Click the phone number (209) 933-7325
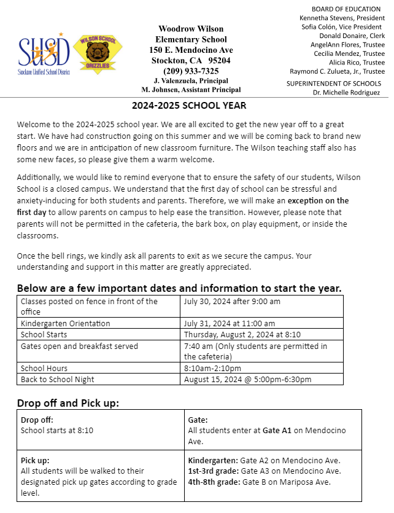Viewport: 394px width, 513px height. coord(191,71)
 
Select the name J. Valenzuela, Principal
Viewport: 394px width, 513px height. coord(191,80)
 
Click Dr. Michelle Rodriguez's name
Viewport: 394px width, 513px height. coord(346,92)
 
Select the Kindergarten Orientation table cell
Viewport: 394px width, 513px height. coord(66,323)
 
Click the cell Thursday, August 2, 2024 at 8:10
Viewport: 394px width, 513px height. coord(243,334)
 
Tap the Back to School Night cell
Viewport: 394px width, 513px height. coord(58,379)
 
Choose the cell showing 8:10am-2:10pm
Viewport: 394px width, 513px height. coord(212,368)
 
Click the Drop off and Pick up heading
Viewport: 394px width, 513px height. coord(68,403)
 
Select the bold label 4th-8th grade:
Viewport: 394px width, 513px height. coord(214,482)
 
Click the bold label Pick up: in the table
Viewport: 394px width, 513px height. coord(35,460)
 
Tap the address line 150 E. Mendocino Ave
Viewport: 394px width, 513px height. coord(191,50)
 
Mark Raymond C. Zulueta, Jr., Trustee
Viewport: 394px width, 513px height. coord(337,71)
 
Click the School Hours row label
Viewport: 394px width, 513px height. coord(44,368)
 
